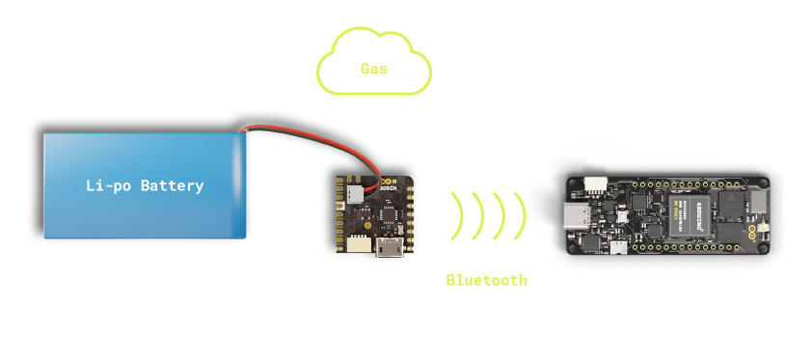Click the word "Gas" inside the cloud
point(374,69)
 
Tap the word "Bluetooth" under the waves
point(486,280)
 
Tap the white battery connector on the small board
point(356,193)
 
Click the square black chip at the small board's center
point(376,216)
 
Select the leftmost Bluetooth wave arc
point(455,216)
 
